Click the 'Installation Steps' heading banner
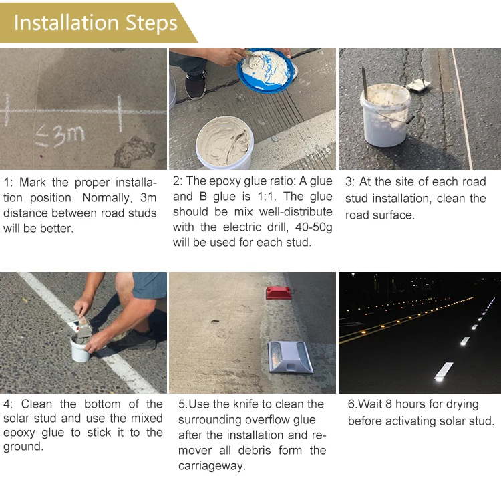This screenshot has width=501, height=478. (x=96, y=23)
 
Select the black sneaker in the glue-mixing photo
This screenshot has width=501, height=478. (x=196, y=85)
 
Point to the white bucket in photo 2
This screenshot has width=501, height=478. (x=224, y=142)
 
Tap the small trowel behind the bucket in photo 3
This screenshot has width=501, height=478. (x=420, y=84)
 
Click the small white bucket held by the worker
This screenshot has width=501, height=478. (x=81, y=348)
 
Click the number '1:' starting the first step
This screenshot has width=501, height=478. (x=8, y=183)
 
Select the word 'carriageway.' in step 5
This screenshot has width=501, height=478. (x=212, y=465)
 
